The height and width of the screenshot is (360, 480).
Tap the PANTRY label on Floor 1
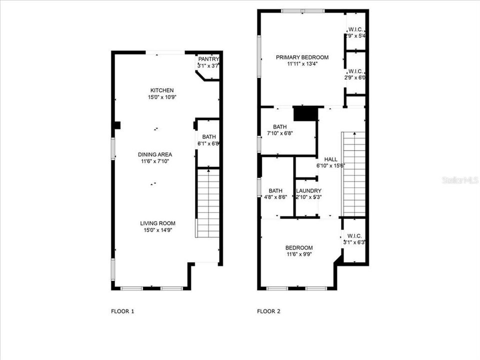(x=208, y=59)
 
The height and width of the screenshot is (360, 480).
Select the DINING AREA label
(x=155, y=154)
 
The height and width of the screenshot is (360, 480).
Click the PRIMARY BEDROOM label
(x=302, y=57)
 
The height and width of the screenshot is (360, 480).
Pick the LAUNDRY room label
(x=308, y=191)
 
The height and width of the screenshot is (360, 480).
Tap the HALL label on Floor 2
(x=330, y=159)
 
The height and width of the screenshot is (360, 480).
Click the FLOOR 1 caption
(x=122, y=311)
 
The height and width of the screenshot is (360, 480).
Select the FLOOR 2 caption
(x=269, y=311)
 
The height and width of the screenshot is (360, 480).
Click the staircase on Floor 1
(x=208, y=202)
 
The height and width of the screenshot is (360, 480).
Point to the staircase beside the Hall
(x=353, y=172)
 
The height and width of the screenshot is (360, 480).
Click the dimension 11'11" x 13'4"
(x=302, y=64)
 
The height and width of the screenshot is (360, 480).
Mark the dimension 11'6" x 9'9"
(x=299, y=254)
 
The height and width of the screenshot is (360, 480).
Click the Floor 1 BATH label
(x=208, y=137)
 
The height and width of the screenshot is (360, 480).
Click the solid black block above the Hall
(x=305, y=113)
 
